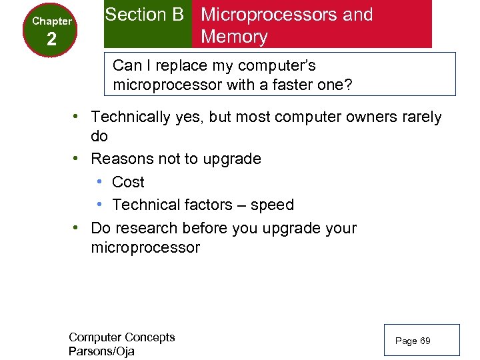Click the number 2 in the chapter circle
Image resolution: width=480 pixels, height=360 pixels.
click(51, 39)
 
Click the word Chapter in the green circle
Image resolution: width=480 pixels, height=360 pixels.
click(52, 21)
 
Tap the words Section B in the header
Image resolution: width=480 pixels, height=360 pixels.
click(144, 15)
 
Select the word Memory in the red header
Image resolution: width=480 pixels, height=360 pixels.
click(234, 37)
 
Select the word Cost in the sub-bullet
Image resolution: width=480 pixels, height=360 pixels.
click(128, 182)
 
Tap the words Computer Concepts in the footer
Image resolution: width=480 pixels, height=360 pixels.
click(121, 337)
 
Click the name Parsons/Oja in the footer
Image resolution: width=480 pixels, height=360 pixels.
click(101, 351)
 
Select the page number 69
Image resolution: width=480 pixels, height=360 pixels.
click(425, 341)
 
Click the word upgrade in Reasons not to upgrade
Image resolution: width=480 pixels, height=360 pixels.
click(231, 159)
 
